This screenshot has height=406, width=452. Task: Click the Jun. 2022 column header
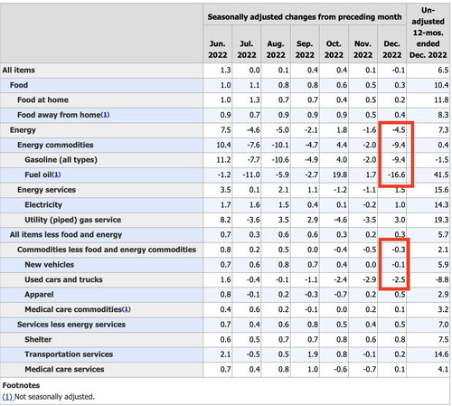click(218, 50)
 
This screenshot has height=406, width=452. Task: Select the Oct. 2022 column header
click(334, 50)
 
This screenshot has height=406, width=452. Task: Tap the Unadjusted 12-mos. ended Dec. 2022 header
click(428, 33)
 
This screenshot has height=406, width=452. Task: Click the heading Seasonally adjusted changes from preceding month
click(305, 17)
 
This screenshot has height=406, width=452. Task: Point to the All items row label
click(19, 71)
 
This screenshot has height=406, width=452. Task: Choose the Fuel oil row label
click(42, 175)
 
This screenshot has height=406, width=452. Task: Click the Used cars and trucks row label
click(63, 279)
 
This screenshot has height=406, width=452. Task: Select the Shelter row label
click(38, 339)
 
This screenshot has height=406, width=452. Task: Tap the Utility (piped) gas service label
click(73, 220)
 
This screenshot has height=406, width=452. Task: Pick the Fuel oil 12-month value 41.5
click(441, 175)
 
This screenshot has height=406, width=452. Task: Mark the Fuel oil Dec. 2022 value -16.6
click(396, 175)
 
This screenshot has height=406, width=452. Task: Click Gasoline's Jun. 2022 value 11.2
click(223, 160)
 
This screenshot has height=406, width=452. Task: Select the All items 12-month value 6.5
click(443, 71)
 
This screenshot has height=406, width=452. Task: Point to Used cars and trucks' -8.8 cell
click(442, 279)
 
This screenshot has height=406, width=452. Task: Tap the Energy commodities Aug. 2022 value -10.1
click(280, 145)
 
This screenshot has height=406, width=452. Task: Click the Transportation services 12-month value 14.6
click(441, 354)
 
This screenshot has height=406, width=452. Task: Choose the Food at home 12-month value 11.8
click(441, 100)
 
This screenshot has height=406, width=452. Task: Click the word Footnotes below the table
click(21, 385)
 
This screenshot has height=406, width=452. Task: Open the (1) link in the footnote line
click(7, 397)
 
